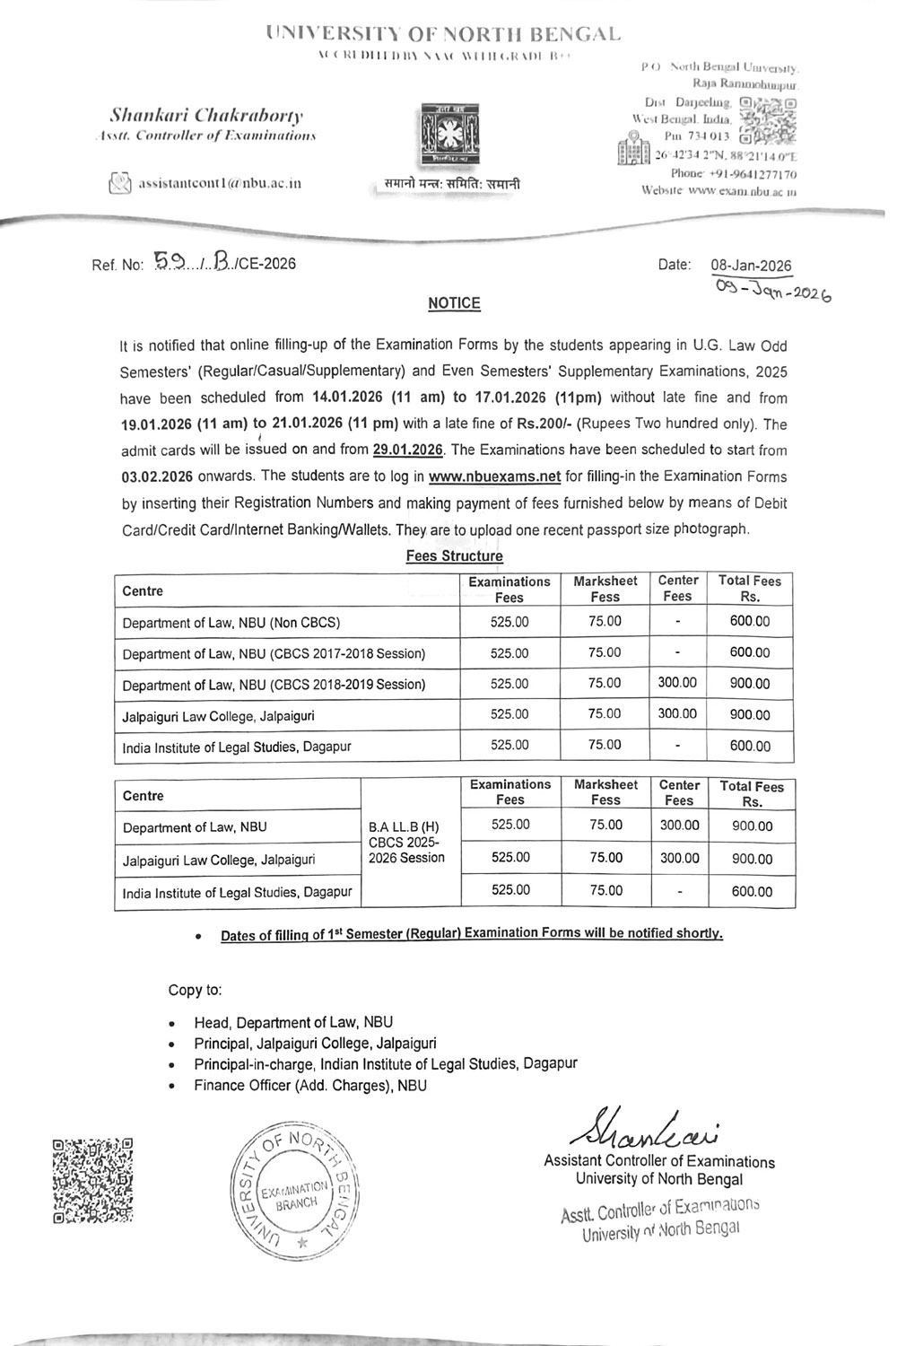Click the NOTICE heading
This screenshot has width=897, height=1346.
click(454, 303)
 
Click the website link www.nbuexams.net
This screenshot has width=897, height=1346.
click(488, 476)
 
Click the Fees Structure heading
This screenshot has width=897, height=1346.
click(454, 555)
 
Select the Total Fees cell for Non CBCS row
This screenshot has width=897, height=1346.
click(749, 621)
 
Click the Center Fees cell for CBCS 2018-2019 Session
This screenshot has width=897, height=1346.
click(677, 683)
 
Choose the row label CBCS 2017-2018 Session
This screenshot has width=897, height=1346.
click(274, 653)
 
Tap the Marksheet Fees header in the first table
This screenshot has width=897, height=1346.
click(605, 589)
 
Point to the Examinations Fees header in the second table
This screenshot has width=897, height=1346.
click(510, 791)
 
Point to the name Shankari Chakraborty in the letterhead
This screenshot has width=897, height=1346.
click(206, 116)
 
